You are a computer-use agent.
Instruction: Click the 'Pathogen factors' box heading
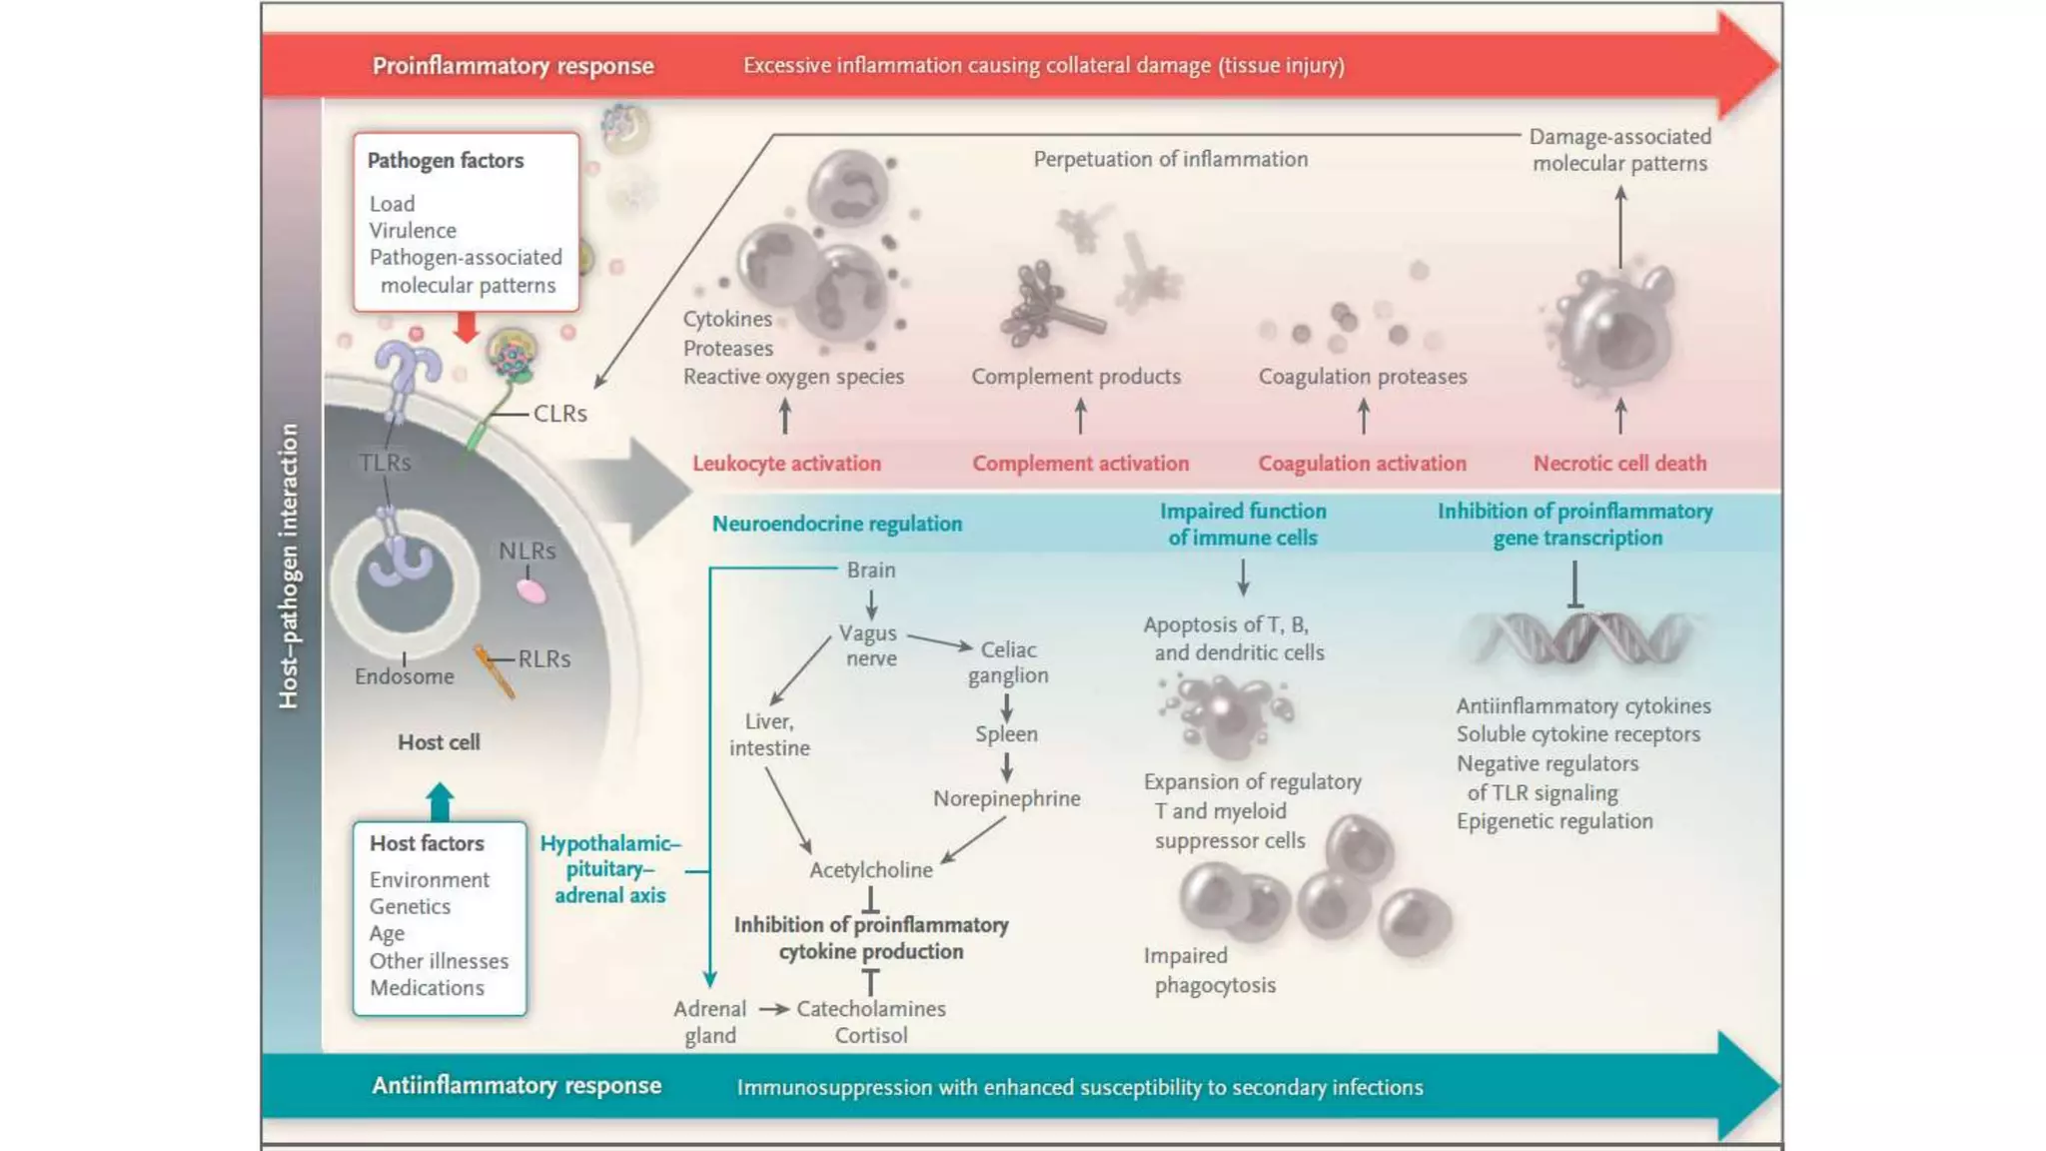(445, 161)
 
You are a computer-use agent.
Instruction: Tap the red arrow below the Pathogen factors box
(466, 327)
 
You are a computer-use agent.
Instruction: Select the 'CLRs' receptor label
(559, 414)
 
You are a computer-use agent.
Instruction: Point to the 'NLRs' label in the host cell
(526, 551)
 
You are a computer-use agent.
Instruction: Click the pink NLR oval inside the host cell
(531, 591)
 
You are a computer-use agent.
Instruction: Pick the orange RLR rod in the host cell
(495, 672)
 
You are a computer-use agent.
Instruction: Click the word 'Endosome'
(404, 676)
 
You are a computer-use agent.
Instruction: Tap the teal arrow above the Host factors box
(440, 802)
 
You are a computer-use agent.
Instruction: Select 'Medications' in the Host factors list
(427, 988)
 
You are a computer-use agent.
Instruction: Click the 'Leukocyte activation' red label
(786, 464)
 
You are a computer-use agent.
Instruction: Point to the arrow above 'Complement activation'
(1080, 416)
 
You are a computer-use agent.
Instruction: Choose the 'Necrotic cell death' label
(1619, 464)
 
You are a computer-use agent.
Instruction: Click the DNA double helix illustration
(1578, 638)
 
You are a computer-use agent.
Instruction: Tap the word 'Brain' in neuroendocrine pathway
(871, 571)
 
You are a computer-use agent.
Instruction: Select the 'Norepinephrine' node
(1006, 798)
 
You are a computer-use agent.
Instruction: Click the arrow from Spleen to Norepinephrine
(1006, 767)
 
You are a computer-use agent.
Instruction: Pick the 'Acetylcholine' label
(870, 870)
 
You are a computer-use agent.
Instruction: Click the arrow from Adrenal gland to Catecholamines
(773, 1009)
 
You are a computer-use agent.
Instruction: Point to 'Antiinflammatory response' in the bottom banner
(516, 1086)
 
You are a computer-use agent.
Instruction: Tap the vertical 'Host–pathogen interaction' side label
(289, 567)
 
